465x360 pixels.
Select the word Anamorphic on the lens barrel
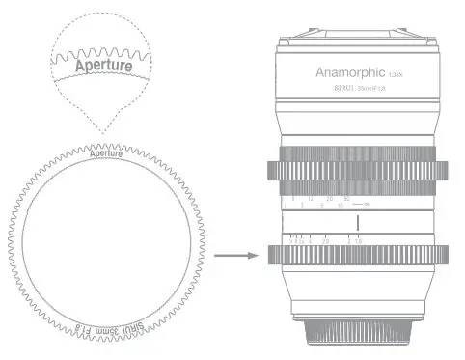click(348, 72)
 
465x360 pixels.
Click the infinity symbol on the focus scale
click(368, 206)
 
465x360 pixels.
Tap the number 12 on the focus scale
click(310, 198)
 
